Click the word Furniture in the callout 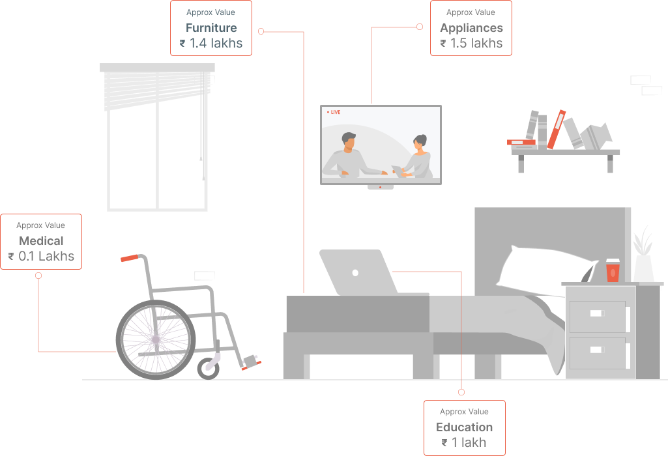[x=211, y=28]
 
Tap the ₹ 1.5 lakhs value [x=471, y=44]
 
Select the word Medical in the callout [x=41, y=241]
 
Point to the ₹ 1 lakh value [x=464, y=443]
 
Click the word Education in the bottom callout [x=464, y=427]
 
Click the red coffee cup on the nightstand [x=613, y=270]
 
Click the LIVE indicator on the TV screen [x=334, y=113]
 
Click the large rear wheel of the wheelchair [x=155, y=339]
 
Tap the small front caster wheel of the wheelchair [x=209, y=368]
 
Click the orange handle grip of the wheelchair [x=130, y=258]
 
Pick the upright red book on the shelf [x=556, y=129]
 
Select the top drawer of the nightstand [x=598, y=316]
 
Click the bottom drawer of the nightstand [x=598, y=352]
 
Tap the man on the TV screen [x=348, y=156]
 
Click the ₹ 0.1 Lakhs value [x=41, y=257]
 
